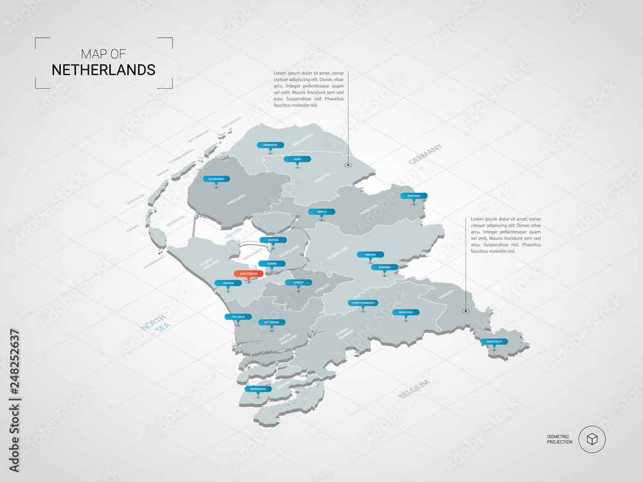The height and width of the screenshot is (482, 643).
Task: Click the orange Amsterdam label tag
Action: point(248,274)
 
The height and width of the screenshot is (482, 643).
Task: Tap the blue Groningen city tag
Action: point(269,145)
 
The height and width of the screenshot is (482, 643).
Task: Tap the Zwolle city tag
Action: point(321,211)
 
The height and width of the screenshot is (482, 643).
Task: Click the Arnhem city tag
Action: point(370,254)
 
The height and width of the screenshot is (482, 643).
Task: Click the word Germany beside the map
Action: point(426,154)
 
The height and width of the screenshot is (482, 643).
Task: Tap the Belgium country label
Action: point(413,388)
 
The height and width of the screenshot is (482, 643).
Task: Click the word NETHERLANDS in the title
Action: point(104,69)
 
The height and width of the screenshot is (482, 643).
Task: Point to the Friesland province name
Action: point(237,199)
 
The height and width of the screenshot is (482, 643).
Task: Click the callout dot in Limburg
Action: point(466,311)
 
